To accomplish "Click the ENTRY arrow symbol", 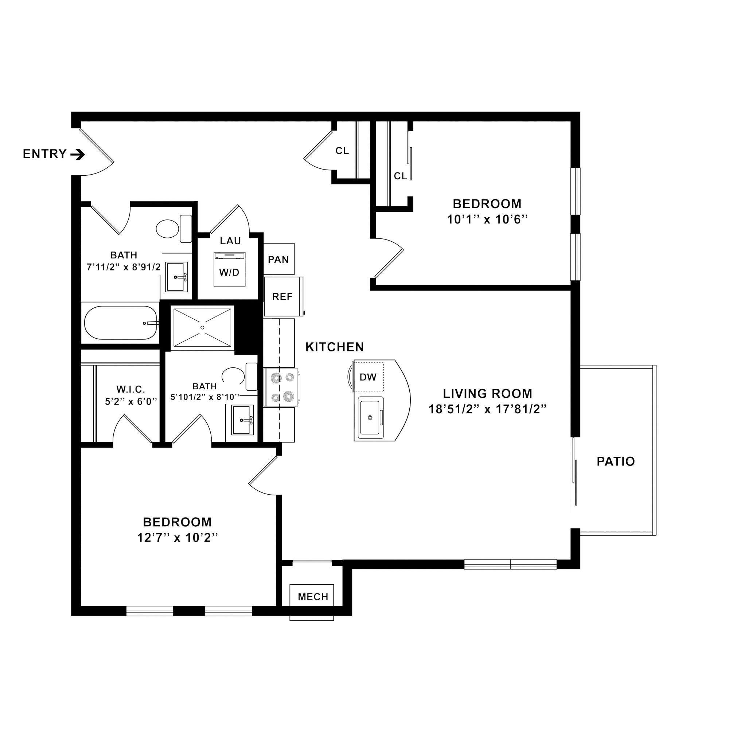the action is (77, 154).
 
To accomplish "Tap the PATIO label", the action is (615, 461).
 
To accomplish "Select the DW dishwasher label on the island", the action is (368, 377).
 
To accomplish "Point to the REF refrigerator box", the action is (283, 297).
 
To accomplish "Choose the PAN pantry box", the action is (278, 259).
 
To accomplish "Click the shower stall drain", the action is (202, 327).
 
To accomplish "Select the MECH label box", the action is (312, 597).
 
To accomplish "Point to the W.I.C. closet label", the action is (130, 389).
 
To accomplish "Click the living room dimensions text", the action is (487, 409).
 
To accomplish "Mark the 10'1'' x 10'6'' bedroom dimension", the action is (487, 219).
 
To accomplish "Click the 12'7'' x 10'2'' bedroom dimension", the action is (178, 537).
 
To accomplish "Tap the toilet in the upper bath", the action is (174, 229).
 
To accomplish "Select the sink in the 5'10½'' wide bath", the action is (243, 420).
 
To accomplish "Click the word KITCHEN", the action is (335, 347).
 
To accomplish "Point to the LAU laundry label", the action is (231, 241).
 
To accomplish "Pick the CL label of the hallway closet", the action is (342, 151).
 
